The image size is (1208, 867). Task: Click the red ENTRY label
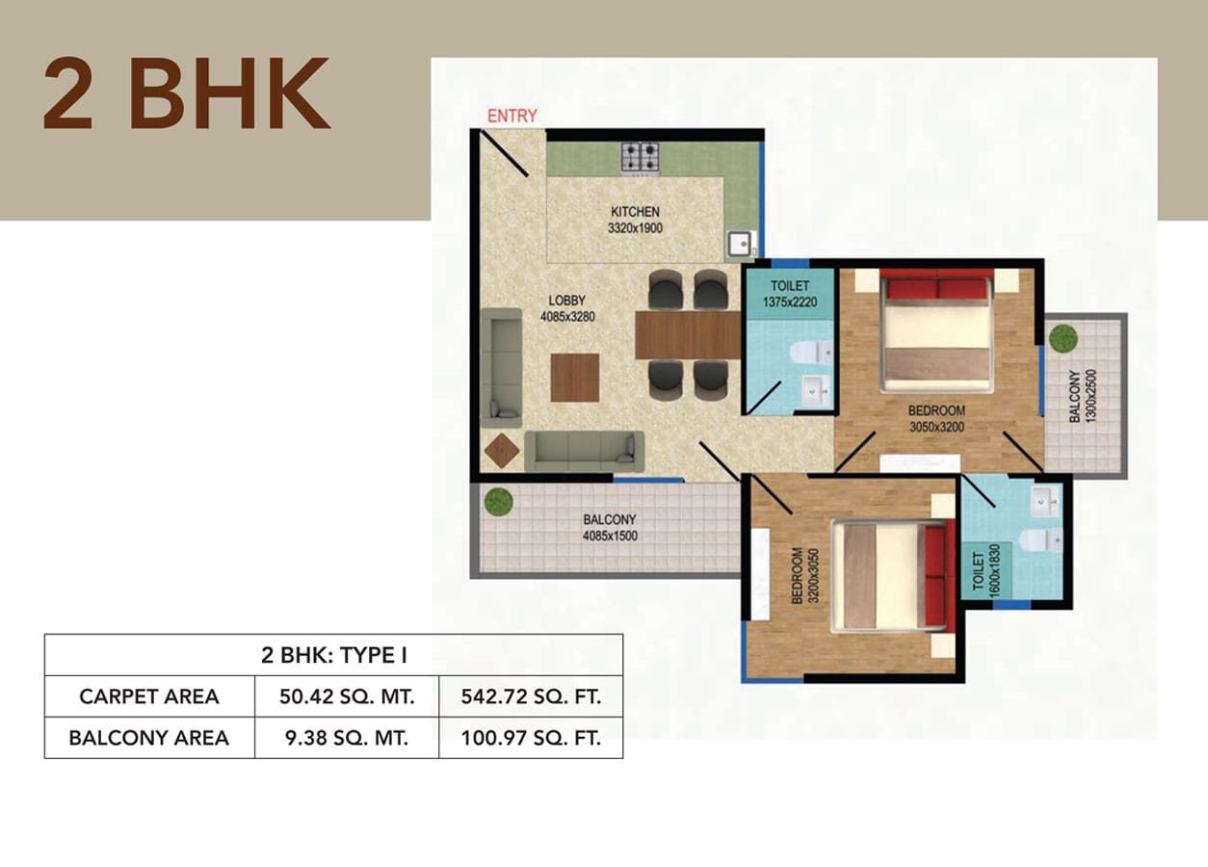(512, 116)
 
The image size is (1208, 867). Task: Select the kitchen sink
(741, 244)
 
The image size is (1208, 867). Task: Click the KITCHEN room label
(635, 212)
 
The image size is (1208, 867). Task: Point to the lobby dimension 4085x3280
(567, 317)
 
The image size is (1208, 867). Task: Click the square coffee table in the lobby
(575, 378)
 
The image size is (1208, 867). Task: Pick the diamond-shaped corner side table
(502, 451)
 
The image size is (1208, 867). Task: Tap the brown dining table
(689, 335)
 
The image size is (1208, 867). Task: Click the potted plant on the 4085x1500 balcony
(498, 502)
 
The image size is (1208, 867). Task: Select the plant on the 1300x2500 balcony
(1064, 337)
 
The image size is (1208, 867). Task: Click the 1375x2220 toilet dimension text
(790, 302)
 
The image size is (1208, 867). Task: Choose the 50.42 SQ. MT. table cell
(347, 696)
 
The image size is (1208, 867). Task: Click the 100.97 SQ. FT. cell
(531, 738)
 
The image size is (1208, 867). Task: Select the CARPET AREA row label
(149, 696)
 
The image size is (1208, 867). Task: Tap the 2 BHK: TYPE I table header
(334, 655)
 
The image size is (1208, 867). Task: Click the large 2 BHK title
(186, 93)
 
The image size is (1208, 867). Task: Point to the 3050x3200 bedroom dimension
(936, 428)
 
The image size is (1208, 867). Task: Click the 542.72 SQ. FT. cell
(531, 696)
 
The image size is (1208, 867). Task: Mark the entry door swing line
(504, 154)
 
